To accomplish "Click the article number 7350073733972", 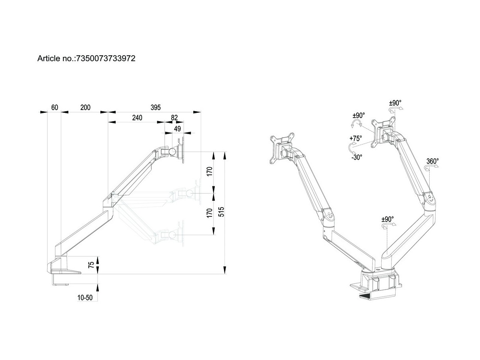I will coord(105,58).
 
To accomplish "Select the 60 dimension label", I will coord(55,107).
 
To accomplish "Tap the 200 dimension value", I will coord(85,107).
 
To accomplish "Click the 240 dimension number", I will coord(137,118).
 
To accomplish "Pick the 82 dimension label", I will coord(174,118).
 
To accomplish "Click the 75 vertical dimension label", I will coord(91,265).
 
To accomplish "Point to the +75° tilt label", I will coord(355,138).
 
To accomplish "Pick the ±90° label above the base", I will coord(387,219).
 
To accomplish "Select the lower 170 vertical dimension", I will coord(209,213).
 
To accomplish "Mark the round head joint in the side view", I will coord(173,152).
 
